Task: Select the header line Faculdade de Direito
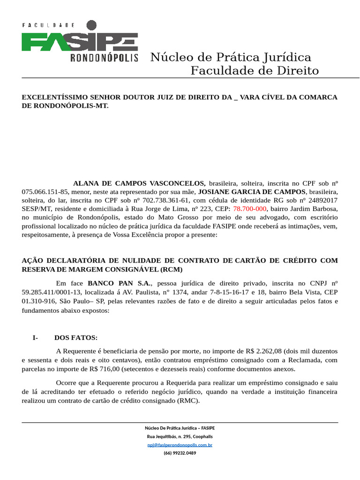click(x=255, y=71)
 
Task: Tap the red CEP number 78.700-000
click(x=250, y=209)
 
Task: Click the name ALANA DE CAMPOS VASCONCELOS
click(x=139, y=183)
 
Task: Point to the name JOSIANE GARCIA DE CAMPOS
click(x=252, y=192)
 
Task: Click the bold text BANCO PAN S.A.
click(x=119, y=283)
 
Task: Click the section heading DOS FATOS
click(x=76, y=337)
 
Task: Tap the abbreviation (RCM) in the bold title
click(x=171, y=269)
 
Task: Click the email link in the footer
click(x=180, y=445)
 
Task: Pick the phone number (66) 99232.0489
click(x=180, y=453)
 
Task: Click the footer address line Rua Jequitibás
click(x=180, y=436)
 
